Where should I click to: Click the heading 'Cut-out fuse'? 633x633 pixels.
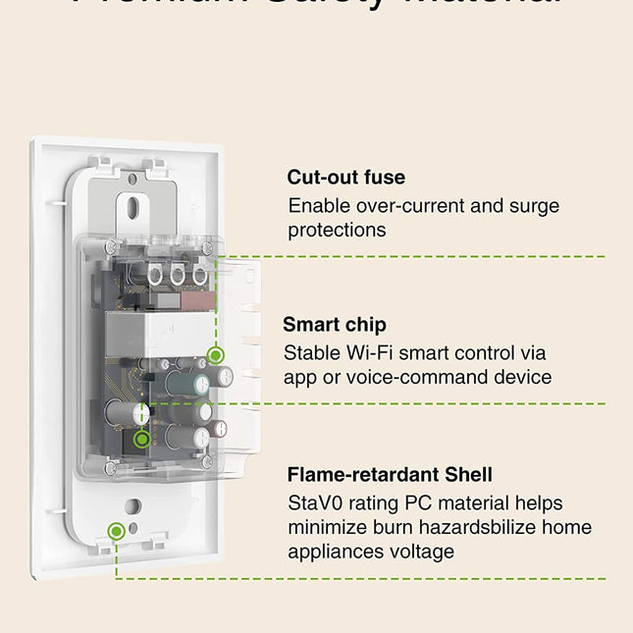click(x=345, y=178)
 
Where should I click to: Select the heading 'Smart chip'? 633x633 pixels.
click(x=335, y=325)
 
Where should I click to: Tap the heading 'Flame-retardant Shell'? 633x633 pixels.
click(x=390, y=475)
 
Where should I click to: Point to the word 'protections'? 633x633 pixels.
click(x=337, y=230)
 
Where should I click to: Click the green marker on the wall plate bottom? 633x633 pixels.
click(x=117, y=531)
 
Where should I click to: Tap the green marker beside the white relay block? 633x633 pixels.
click(x=217, y=354)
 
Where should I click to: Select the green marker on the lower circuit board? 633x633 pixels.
click(x=143, y=440)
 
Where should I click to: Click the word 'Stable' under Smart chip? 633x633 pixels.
click(x=313, y=352)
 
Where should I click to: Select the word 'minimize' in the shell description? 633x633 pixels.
click(x=329, y=527)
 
